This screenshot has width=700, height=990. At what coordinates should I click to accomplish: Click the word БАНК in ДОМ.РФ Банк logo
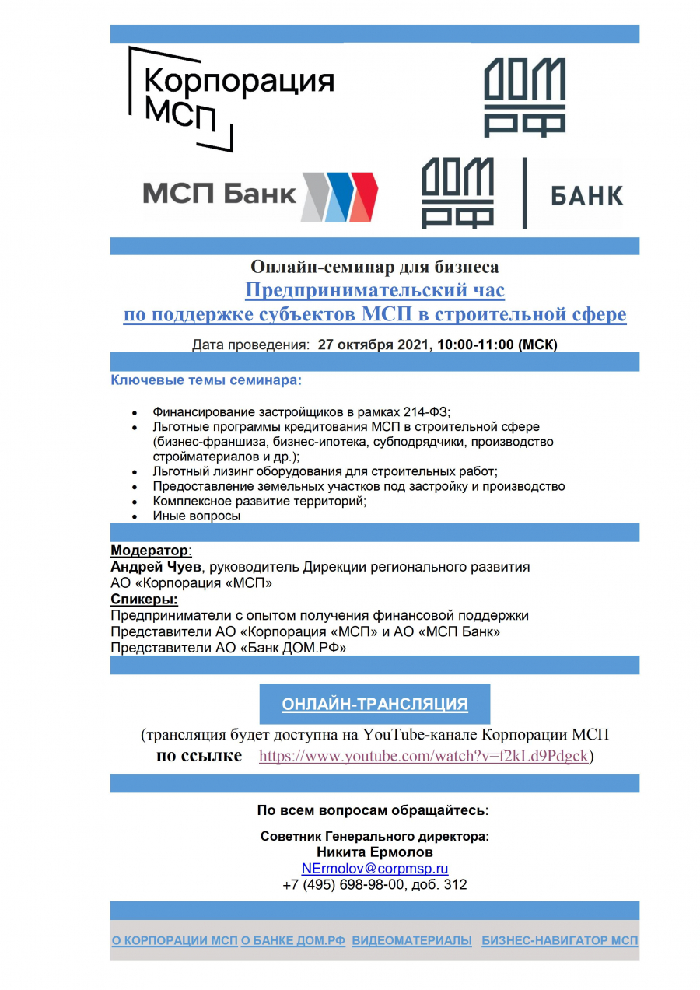point(586,195)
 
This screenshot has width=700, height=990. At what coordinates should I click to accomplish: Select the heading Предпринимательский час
point(375,291)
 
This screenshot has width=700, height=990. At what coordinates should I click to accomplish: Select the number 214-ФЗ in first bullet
point(427,412)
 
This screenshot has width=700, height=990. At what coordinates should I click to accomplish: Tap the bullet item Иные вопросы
point(196,516)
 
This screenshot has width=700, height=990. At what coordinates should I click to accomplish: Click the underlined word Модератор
point(149,551)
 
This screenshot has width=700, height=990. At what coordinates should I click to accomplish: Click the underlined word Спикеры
point(144,600)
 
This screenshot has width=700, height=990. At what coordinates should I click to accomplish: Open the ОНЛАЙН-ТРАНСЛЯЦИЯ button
point(374,705)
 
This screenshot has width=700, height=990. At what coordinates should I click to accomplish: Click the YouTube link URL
point(423,756)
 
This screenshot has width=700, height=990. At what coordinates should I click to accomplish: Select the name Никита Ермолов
point(375,852)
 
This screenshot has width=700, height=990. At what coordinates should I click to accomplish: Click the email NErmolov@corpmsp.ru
point(374,869)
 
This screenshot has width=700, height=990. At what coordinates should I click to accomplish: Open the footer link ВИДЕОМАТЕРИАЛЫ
point(411,940)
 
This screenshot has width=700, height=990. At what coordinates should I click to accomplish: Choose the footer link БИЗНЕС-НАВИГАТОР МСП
point(559,940)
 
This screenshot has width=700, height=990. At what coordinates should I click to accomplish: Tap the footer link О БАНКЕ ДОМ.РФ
point(293,940)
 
